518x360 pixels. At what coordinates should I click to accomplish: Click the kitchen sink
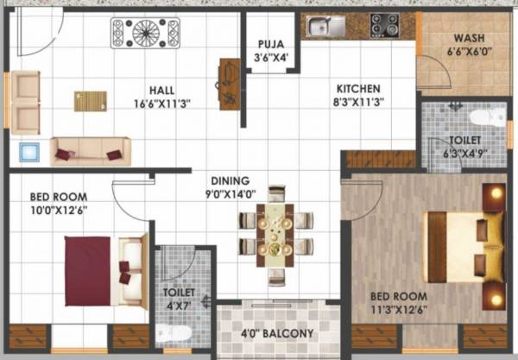321,27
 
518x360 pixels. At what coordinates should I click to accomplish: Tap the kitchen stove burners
382,25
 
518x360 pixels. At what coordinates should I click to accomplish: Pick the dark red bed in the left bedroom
89,270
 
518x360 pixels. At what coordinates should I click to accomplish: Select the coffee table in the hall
91,101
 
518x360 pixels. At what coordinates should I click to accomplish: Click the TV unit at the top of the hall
144,33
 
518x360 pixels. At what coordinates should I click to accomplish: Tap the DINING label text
228,181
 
